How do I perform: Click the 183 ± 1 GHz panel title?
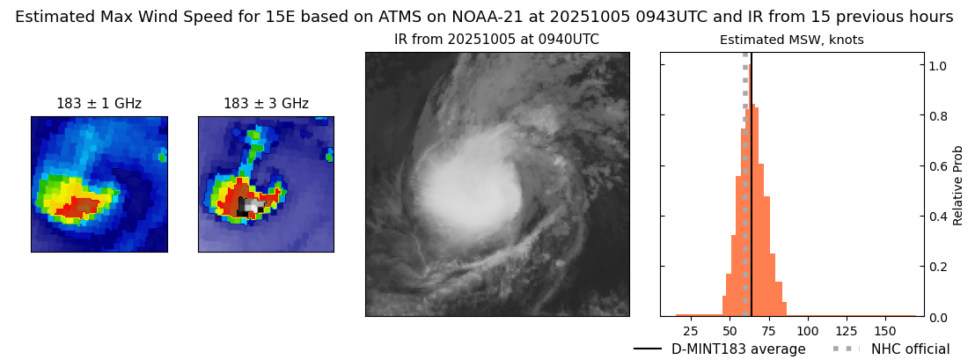tap(99, 104)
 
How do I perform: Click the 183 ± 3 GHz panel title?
tap(266, 104)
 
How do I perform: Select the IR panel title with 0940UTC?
tap(496, 40)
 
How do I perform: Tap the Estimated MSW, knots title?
tap(791, 40)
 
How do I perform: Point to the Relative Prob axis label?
tap(958, 185)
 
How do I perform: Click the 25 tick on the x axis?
tap(691, 331)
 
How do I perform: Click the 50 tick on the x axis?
tap(730, 331)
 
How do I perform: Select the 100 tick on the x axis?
tap(807, 331)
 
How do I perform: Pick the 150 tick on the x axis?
tap(885, 331)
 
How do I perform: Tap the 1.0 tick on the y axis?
tap(938, 65)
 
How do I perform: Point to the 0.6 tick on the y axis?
tap(938, 165)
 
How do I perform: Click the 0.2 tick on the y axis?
tap(938, 267)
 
